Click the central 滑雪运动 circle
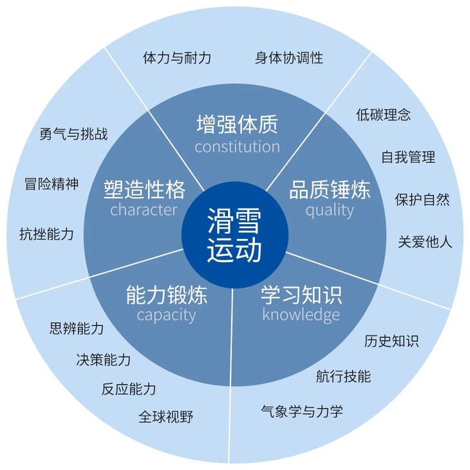(234, 234)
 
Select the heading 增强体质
(237, 123)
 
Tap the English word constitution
(237, 146)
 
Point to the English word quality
(330, 210)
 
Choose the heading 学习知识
(301, 295)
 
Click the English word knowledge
(301, 315)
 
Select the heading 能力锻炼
(166, 295)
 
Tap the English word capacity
(166, 315)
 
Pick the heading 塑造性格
(144, 189)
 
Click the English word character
(144, 210)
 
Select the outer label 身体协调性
(289, 58)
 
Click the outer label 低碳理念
(384, 115)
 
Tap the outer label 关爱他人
(425, 242)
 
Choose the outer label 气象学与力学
(302, 411)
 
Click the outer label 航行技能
(343, 376)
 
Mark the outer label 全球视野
(165, 417)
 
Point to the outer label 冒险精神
(51, 184)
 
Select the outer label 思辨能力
(77, 329)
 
